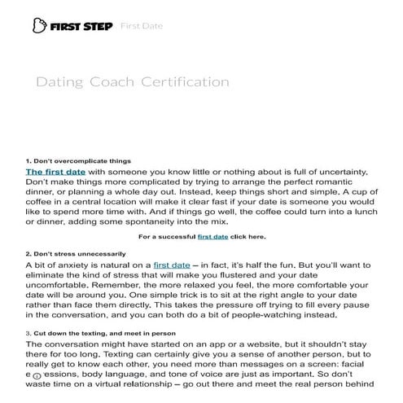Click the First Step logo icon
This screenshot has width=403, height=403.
click(x=35, y=26)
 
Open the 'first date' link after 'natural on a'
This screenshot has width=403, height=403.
click(x=172, y=265)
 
